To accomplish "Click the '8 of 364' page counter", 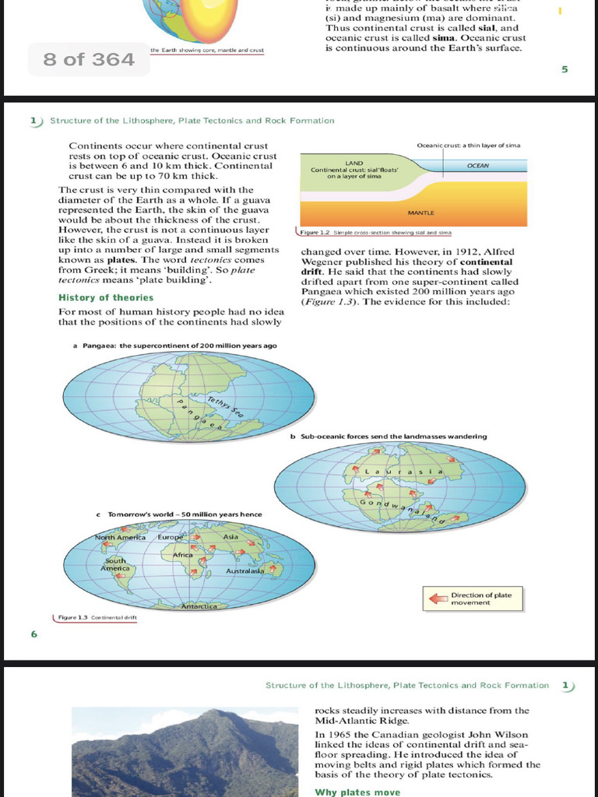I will pos(89,59).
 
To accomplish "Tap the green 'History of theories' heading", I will pos(106,297).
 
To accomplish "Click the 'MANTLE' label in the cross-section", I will pos(420,212).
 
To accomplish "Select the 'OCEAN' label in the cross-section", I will pos(478,166).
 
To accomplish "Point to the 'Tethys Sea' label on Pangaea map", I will pos(226,406).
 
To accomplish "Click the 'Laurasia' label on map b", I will pos(406,472).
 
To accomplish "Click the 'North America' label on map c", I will pos(120,537).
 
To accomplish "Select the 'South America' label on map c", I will pos(114,564).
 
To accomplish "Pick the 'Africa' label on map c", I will pos(183,555).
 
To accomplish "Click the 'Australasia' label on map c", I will pos(244,571).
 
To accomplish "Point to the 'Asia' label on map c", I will pos(230,536).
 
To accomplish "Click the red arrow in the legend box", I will pos(437,599).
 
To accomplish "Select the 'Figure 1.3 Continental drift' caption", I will pos(97,617).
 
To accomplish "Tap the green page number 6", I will pos(34,634).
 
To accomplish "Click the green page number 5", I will pos(565,69).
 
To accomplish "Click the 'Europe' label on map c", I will pos(170,537).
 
